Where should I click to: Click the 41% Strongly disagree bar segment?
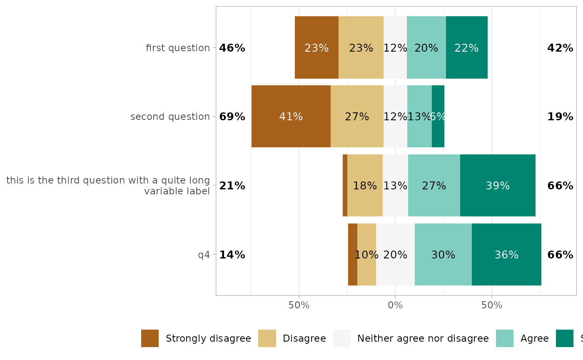291,117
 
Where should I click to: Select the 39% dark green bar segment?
498,186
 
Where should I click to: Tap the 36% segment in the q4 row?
506,255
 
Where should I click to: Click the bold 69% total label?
232,117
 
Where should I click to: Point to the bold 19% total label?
560,117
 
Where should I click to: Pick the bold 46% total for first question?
232,48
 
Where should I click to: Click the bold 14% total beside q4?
232,255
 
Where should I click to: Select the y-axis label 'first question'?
178,48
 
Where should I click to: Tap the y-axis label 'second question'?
170,117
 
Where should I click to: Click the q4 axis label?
204,255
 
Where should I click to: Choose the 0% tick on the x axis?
395,305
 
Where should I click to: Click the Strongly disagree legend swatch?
150,338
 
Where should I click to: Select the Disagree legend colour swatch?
267,338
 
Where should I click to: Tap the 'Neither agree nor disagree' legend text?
423,338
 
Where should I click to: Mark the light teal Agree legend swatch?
505,338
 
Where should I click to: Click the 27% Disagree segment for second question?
357,117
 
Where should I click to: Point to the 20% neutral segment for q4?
395,255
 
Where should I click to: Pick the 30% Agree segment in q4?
443,255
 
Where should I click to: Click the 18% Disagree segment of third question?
365,186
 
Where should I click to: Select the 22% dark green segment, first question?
466,48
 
